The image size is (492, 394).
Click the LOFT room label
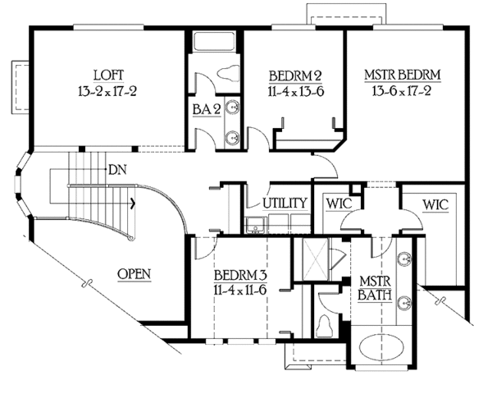[x=108, y=76]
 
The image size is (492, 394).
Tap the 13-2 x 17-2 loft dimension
[x=107, y=91]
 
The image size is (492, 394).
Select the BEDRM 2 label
[x=295, y=76]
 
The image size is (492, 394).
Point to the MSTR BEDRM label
[x=403, y=75]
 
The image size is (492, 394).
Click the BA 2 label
[x=207, y=110]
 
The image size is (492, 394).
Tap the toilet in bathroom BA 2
[x=228, y=73]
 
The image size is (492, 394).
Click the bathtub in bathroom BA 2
[x=215, y=41]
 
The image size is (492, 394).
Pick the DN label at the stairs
[x=117, y=170]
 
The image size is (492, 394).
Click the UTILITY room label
[x=285, y=204]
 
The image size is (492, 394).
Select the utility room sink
[x=256, y=225]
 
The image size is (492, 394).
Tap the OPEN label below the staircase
[x=134, y=274]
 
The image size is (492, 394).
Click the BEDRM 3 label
[x=240, y=275]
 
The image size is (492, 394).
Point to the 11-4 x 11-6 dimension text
[x=240, y=290]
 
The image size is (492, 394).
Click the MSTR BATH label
[x=375, y=288]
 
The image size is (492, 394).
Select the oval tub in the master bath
[x=380, y=348]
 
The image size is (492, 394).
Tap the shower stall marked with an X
[x=316, y=259]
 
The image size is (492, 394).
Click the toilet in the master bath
[x=325, y=326]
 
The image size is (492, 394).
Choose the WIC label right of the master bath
[x=435, y=205]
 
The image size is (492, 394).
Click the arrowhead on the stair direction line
[x=134, y=204]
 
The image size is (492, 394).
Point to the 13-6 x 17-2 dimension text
[x=402, y=91]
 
